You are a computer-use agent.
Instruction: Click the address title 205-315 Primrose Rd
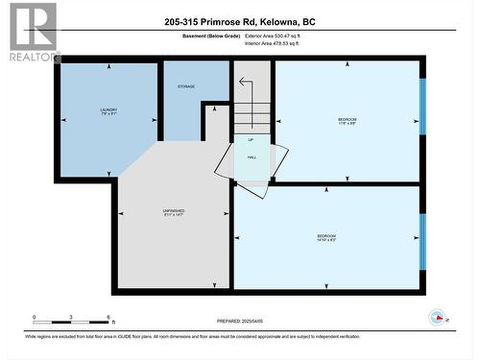click(x=239, y=21)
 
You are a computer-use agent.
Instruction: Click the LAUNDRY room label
click(x=108, y=111)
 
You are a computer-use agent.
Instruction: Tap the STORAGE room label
click(x=186, y=86)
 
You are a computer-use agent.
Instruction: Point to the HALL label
click(x=252, y=157)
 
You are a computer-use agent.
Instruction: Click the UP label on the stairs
click(x=252, y=139)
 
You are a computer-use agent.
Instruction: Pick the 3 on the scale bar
click(x=72, y=317)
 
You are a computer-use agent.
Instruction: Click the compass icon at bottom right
click(x=438, y=317)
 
